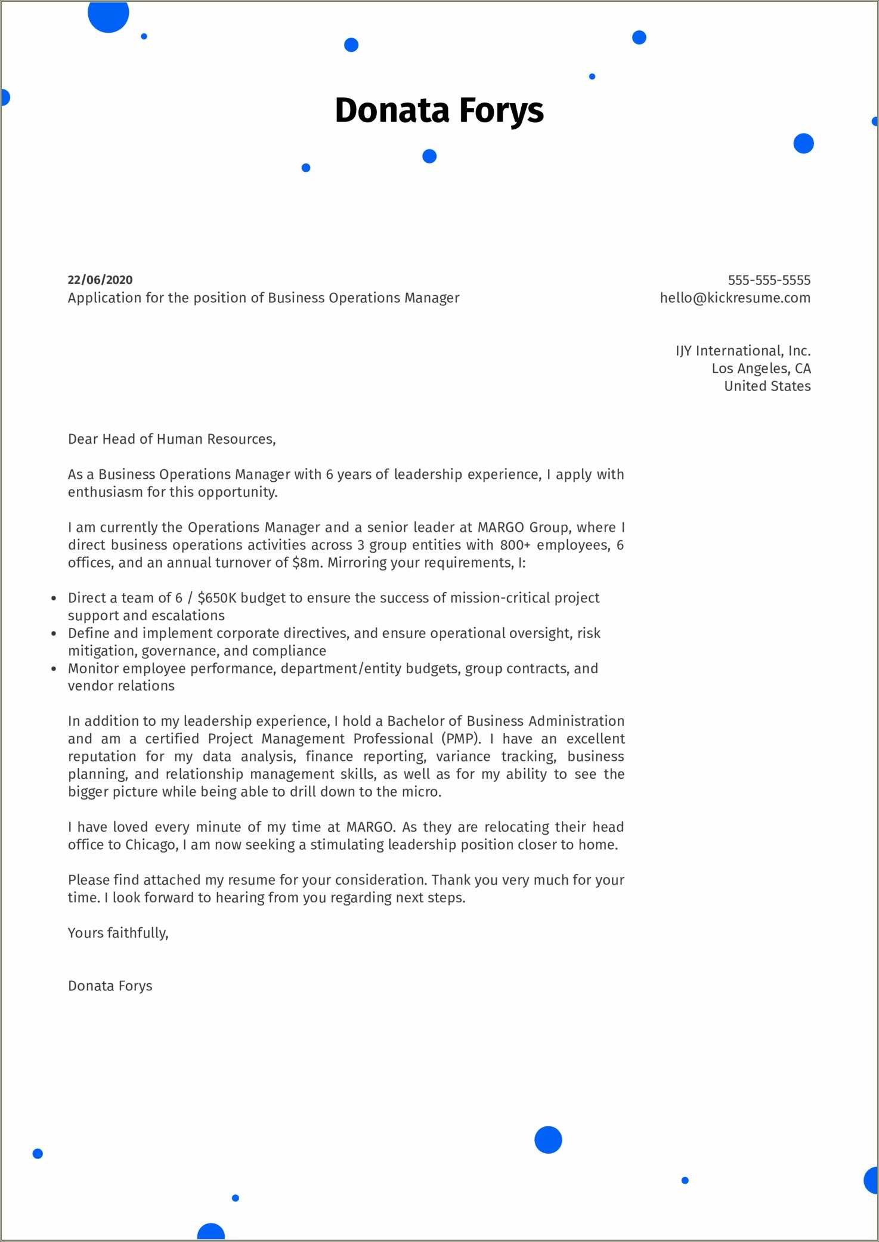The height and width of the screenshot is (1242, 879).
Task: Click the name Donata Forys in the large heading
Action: [439, 111]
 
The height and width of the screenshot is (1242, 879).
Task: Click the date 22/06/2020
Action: [100, 280]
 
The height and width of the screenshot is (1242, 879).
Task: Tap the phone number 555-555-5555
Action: [769, 280]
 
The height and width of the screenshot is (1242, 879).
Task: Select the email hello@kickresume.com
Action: [735, 298]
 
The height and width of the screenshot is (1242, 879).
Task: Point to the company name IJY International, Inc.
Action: [742, 351]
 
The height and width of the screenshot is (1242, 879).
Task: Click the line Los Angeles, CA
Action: [761, 368]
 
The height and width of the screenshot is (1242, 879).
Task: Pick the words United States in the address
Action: [767, 386]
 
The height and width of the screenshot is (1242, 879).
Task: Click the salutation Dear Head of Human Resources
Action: [172, 439]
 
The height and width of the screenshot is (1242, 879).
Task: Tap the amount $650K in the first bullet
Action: [216, 598]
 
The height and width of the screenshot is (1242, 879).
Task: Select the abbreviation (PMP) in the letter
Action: [461, 739]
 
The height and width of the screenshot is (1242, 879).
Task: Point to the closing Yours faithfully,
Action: [118, 933]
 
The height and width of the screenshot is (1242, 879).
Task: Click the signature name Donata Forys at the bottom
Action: [110, 986]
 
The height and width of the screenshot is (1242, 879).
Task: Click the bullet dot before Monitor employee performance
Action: [54, 669]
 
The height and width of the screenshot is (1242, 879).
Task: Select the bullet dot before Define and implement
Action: [54, 634]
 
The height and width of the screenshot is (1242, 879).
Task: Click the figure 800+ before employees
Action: [515, 545]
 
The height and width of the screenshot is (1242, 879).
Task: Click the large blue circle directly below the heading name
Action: [429, 156]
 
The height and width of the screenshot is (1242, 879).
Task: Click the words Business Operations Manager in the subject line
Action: [364, 298]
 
